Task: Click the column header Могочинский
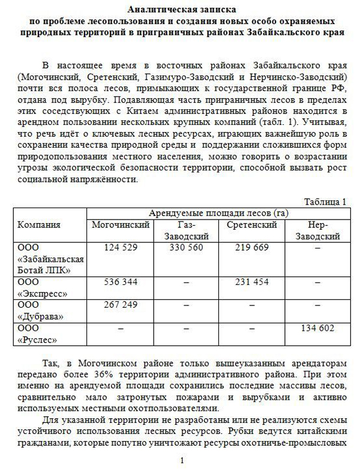click(x=121, y=225)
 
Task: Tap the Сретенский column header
click(x=251, y=225)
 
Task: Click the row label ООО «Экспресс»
click(x=43, y=287)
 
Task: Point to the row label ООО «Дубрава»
click(x=41, y=310)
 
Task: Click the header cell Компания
click(x=40, y=225)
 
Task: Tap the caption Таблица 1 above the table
click(x=325, y=202)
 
